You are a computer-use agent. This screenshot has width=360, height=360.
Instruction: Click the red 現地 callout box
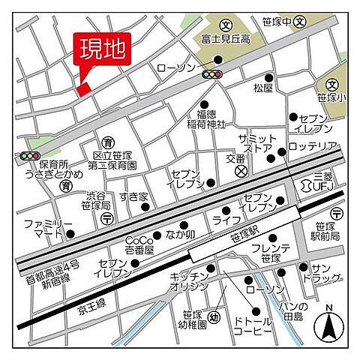tap(102, 52)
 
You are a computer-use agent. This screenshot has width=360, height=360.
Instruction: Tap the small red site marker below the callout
tap(83, 89)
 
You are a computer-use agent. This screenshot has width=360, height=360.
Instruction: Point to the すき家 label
tap(133, 196)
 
